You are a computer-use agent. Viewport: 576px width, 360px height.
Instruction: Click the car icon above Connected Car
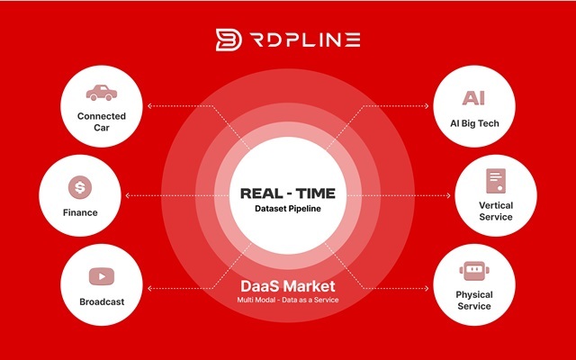[x=102, y=93]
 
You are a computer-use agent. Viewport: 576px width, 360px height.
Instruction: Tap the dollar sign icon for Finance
[x=80, y=187]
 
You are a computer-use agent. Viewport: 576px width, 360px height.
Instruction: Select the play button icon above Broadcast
[x=102, y=276]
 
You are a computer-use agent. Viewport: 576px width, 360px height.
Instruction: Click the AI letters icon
[x=474, y=98]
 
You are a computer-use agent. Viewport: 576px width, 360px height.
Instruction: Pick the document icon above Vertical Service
[x=496, y=181]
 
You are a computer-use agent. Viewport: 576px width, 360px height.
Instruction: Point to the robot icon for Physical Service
[x=474, y=271]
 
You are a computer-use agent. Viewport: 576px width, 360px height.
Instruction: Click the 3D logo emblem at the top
[x=229, y=40]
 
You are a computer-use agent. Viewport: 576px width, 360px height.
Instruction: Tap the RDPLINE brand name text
[x=305, y=40]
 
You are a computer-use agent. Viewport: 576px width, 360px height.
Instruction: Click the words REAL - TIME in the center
[x=288, y=193]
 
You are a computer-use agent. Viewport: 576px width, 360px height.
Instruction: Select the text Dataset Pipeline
[x=288, y=209]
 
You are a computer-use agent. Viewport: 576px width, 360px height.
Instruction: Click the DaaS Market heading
[x=288, y=286]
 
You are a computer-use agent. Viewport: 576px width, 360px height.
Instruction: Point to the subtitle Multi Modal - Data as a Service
[x=288, y=300]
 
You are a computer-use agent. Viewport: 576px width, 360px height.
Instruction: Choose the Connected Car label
[x=102, y=121]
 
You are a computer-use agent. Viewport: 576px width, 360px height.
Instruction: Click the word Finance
[x=80, y=212]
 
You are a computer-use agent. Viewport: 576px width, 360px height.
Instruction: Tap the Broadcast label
[x=102, y=302]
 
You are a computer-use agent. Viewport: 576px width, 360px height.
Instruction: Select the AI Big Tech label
[x=474, y=123]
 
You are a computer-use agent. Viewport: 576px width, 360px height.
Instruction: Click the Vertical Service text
[x=496, y=211]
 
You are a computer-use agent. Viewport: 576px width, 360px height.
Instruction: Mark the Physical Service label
[x=474, y=300]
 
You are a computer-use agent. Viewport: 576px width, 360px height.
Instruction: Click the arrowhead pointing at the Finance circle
[x=128, y=195]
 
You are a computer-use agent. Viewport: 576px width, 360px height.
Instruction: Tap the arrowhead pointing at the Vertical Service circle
[x=448, y=195]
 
